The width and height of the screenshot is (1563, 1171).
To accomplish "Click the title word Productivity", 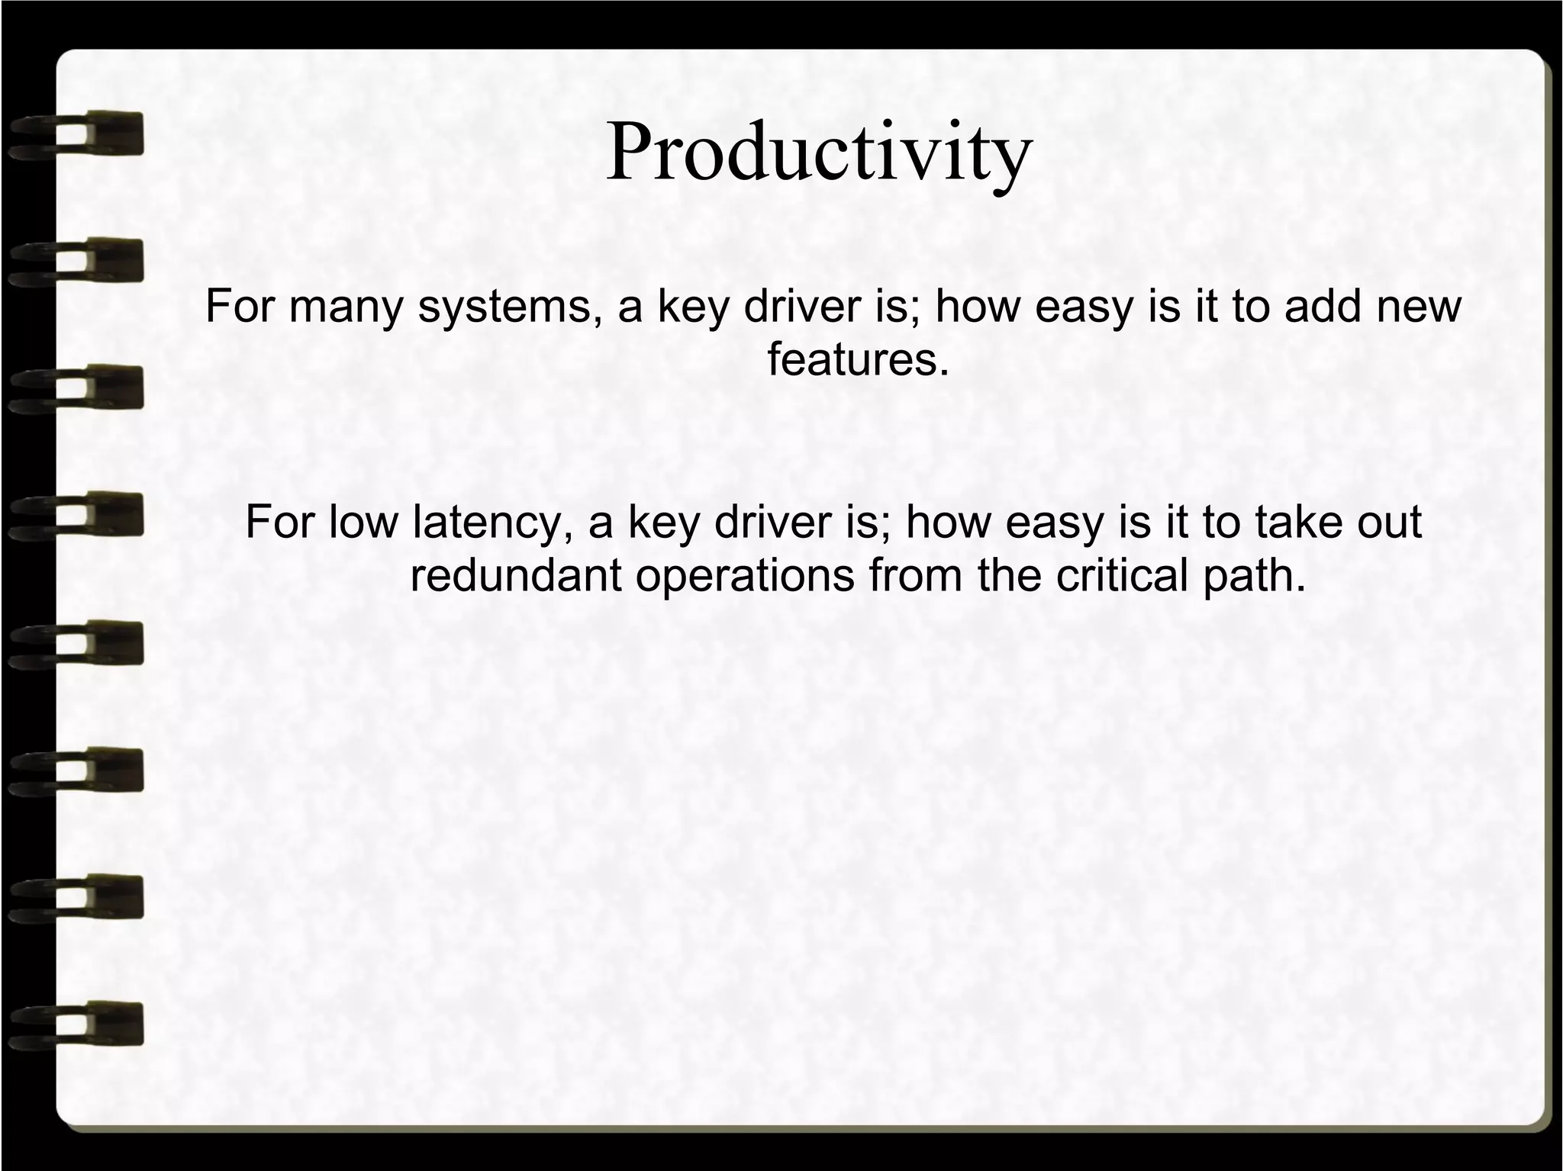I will pos(818,153).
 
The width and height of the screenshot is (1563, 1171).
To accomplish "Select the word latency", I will pos(492,523).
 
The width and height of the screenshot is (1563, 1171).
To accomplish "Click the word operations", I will pos(745,575).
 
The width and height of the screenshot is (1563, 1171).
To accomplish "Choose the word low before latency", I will pos(363,523).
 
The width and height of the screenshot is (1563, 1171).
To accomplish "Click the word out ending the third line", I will pos(1390,523).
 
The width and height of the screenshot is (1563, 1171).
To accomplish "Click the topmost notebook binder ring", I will pos(76,134).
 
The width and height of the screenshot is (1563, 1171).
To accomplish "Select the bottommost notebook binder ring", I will pos(76,1024).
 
